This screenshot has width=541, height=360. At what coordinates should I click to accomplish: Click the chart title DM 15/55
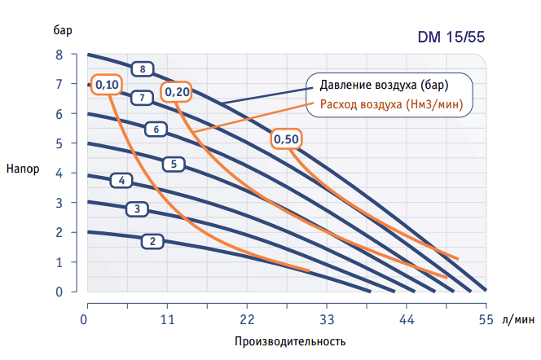coord(452,38)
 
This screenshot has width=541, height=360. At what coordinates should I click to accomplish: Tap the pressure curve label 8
coord(143,69)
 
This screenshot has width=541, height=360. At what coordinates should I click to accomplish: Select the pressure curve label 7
coord(143,99)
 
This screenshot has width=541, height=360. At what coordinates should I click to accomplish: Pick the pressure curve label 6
coord(155,129)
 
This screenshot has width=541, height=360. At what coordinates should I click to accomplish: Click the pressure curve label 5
coord(173,164)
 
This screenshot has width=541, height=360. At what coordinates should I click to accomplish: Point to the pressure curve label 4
coord(121,180)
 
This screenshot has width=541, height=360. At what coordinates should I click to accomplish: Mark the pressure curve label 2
coord(152,241)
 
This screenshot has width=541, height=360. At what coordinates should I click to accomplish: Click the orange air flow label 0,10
coord(107,85)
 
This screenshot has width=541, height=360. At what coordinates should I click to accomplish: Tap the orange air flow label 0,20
coord(177,92)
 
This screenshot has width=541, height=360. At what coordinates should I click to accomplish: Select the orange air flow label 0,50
coord(287,139)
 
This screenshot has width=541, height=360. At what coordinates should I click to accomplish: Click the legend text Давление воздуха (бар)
coord(384,86)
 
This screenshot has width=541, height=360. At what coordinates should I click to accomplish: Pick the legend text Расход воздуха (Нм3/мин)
coord(392,103)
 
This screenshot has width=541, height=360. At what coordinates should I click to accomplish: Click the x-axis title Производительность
coord(284,340)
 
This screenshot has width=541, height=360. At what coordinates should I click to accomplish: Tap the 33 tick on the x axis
coord(326,319)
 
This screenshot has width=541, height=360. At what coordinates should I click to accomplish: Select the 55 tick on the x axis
coord(486,319)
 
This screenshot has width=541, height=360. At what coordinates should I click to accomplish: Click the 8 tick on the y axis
coord(59,55)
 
